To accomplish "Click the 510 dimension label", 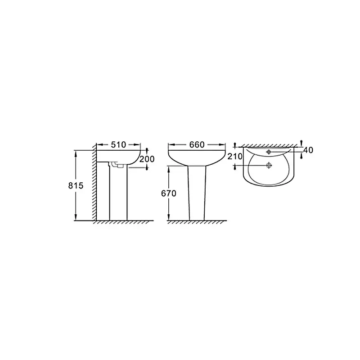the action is coord(118,144).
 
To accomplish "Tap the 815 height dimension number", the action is coord(76,185).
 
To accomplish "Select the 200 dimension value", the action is coord(147,159).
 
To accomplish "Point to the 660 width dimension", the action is coord(197,144).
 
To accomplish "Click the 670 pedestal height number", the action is coord(169,193).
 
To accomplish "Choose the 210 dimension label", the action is coord(235,156).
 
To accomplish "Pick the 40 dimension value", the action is coord(308,150).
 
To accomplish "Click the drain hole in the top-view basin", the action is coord(269,165).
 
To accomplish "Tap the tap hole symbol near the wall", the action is coord(269,152).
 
